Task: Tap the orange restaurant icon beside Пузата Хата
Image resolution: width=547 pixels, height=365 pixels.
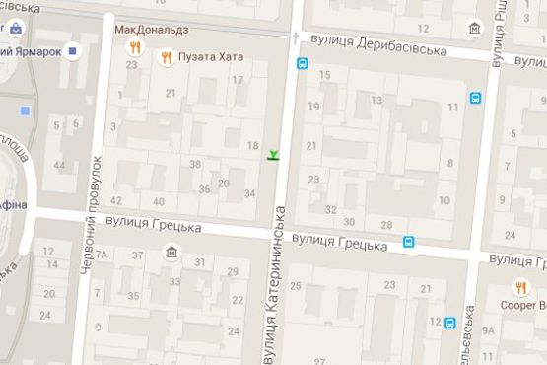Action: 167,57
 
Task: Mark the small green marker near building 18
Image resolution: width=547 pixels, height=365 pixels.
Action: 273,153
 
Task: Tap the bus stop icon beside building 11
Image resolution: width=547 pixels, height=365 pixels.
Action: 476,98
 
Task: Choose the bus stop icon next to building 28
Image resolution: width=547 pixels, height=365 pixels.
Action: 409,240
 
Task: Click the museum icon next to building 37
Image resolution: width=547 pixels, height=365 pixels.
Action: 172,253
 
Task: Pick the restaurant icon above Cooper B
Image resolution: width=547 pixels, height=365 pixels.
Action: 520,287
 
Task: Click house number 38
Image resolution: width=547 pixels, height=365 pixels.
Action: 195,164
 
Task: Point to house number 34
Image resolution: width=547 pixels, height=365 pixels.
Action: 248,194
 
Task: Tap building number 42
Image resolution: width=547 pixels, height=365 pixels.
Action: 116,200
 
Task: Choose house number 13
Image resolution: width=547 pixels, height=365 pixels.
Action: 376,101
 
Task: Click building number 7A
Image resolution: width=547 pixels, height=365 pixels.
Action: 101,256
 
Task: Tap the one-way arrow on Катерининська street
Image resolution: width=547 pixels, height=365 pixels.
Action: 294,36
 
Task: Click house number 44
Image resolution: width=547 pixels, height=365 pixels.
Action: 60,164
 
